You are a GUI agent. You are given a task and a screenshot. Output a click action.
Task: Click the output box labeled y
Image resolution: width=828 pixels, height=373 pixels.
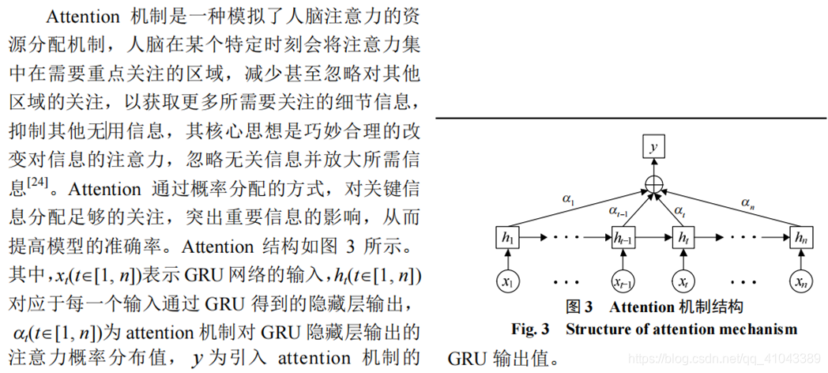pyautogui.click(x=653, y=147)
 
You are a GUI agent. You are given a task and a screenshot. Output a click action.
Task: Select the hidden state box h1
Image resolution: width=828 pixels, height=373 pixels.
pyautogui.click(x=506, y=236)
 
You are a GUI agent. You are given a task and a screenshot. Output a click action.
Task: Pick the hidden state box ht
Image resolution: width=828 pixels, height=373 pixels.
pyautogui.click(x=683, y=236)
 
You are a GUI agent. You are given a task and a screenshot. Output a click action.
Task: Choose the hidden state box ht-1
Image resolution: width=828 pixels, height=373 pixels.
pyautogui.click(x=624, y=236)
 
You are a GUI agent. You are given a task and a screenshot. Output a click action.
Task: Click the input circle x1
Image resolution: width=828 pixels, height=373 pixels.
pyautogui.click(x=506, y=281)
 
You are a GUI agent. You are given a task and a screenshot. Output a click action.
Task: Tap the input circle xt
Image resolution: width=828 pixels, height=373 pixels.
pyautogui.click(x=683, y=281)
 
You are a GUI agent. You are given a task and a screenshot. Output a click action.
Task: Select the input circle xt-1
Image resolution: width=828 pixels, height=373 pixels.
pyautogui.click(x=624, y=281)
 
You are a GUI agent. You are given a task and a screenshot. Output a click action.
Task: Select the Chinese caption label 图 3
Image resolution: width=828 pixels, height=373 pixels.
pyautogui.click(x=579, y=306)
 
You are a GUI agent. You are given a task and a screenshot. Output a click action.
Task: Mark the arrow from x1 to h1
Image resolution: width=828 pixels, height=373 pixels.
pyautogui.click(x=506, y=258)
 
